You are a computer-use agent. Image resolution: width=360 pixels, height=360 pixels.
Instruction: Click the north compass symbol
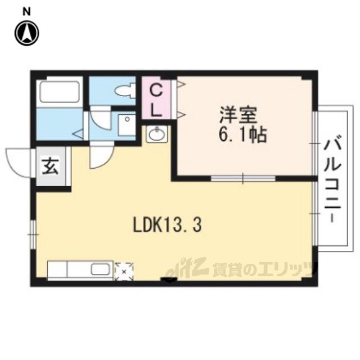click(x=27, y=33)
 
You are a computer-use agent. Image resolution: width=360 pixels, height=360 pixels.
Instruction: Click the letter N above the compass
click(x=27, y=12)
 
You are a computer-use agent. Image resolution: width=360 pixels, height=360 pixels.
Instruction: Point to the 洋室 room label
click(x=238, y=115)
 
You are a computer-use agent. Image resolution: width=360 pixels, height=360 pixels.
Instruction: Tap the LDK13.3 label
click(x=168, y=225)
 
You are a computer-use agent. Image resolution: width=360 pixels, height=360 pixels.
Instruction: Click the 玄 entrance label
click(x=50, y=166)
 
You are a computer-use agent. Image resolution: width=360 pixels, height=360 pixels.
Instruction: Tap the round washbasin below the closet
click(x=157, y=134)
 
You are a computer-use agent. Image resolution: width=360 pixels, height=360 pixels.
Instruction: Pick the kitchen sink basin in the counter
click(x=101, y=269)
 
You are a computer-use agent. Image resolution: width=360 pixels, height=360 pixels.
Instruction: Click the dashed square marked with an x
click(x=124, y=272)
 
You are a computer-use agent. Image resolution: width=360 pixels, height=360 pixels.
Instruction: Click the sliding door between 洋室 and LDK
click(x=243, y=178)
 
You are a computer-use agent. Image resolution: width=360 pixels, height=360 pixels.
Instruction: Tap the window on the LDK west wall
click(x=34, y=234)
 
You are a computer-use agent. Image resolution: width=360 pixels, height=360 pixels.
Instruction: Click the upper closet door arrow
click(x=181, y=85)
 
